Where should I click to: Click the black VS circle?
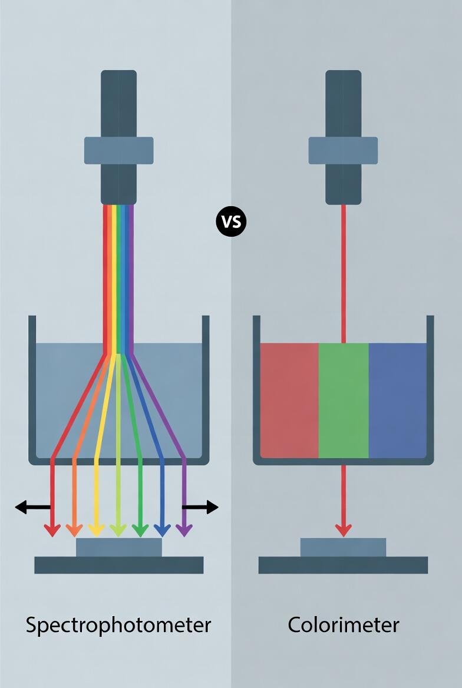coord(231,221)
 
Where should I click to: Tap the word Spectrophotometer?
coord(118,624)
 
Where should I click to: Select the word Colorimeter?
coord(343,624)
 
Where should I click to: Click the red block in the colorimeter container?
coord(289,401)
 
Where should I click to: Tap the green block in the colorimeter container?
coord(344,401)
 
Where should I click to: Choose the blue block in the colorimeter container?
coord(397,401)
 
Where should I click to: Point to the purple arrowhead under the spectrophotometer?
coord(184,530)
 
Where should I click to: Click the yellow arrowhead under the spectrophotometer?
coord(96,530)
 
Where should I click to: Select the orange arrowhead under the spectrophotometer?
coord(74,530)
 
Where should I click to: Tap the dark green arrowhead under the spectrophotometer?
coord(140,530)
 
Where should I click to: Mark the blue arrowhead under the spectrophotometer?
coord(162,530)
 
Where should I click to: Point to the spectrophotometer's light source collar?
coord(118,150)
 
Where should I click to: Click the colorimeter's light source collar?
coord(343,150)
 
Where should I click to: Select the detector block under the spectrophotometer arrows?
coord(118,547)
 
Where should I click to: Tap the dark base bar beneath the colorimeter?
coord(343,565)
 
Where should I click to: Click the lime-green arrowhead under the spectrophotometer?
coord(118,530)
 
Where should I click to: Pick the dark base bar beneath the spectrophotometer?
coord(118,565)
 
